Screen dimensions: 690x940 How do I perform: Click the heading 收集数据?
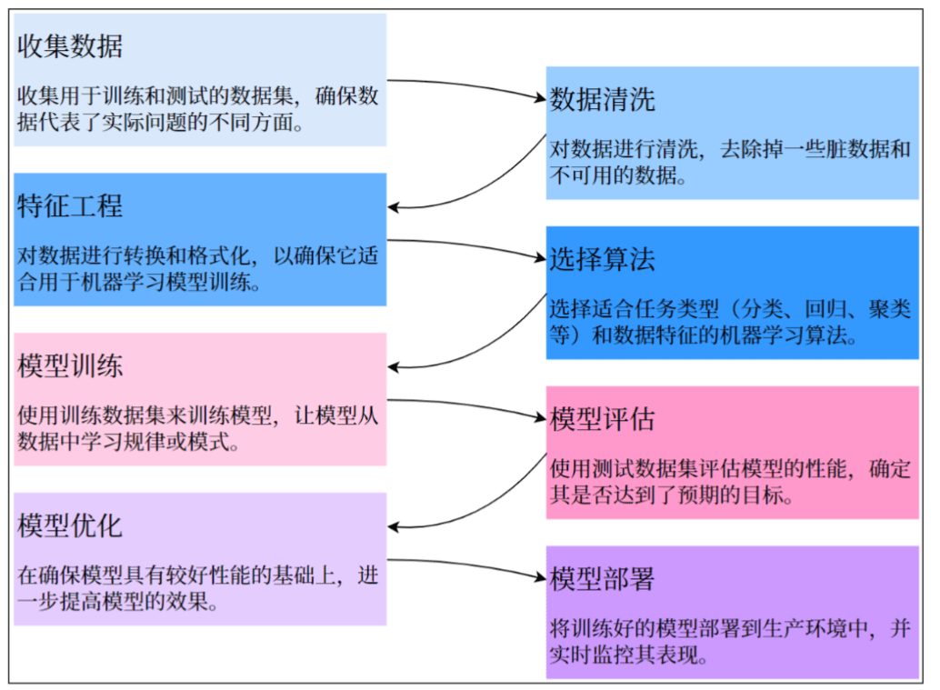[70, 46]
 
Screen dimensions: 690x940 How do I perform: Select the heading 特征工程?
[70, 206]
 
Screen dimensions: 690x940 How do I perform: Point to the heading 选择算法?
[602, 260]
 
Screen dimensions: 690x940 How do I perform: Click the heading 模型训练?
[70, 366]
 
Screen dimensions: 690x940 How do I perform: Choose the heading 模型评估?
[602, 419]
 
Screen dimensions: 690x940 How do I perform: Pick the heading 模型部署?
[602, 579]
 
